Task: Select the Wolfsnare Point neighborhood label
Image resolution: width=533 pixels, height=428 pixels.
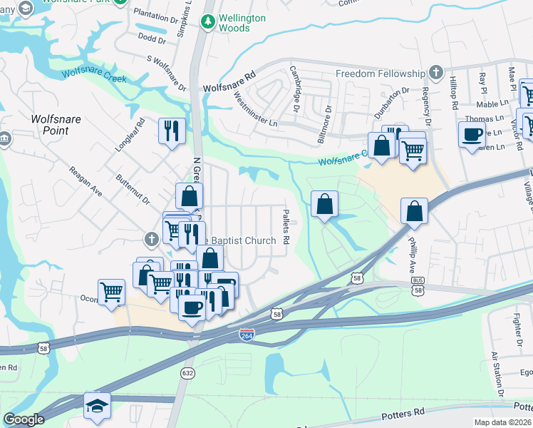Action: pyautogui.click(x=50, y=126)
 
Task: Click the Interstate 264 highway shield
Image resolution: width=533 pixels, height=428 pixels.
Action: pyautogui.click(x=245, y=335)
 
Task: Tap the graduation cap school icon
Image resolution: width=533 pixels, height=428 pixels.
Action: pyautogui.click(x=98, y=404)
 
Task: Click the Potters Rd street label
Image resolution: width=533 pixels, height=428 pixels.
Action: pyautogui.click(x=404, y=412)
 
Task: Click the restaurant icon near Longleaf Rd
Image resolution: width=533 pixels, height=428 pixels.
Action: pyautogui.click(x=172, y=131)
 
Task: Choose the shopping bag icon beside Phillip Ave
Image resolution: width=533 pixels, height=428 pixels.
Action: pyautogui.click(x=414, y=210)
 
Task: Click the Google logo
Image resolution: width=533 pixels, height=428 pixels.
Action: pyautogui.click(x=24, y=419)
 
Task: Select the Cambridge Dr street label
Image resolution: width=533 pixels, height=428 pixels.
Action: pyautogui.click(x=294, y=89)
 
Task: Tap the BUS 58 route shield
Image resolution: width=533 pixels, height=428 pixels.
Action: pyautogui.click(x=419, y=287)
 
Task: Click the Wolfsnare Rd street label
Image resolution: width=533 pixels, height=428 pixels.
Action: pyautogui.click(x=229, y=81)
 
